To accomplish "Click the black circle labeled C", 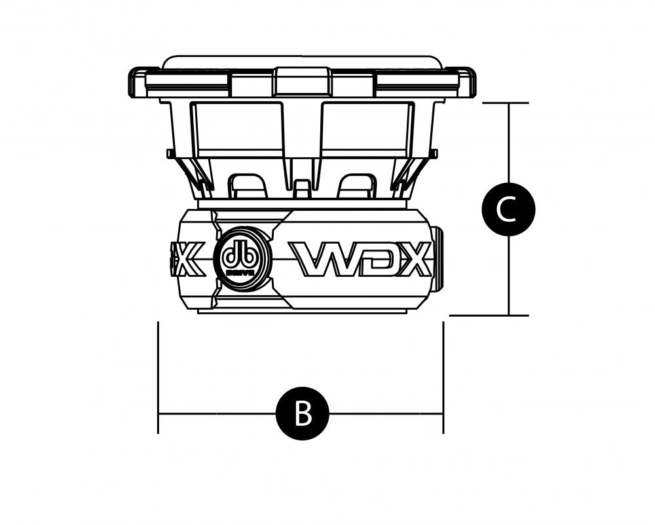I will coord(508,209).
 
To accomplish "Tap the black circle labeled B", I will coord(302,413).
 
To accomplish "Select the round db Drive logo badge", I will coord(243,259).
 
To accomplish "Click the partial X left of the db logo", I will coord(189,259).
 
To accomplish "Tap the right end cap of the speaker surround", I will coord(467,82).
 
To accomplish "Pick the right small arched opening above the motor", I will coord(358,185).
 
